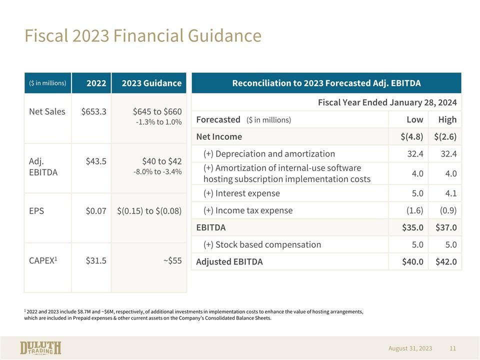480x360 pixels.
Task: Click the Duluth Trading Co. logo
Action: (x=40, y=348)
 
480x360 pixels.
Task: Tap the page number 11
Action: (x=453, y=348)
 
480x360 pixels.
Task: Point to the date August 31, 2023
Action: (x=410, y=348)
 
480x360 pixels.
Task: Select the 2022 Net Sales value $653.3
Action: (x=93, y=111)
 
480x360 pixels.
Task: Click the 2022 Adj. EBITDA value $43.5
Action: (x=96, y=161)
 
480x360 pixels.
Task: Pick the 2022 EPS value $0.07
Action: (x=96, y=211)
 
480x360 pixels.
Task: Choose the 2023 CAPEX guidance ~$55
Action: (x=172, y=260)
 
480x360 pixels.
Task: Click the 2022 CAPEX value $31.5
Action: (x=96, y=260)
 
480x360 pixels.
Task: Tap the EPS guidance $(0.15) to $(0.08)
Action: (x=149, y=211)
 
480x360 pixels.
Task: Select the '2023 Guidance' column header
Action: (x=151, y=83)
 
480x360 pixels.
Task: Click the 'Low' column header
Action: (x=415, y=119)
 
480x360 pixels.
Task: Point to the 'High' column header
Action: (x=447, y=119)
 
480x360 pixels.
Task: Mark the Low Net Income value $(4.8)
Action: (x=411, y=136)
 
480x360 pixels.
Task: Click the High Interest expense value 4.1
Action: (x=451, y=193)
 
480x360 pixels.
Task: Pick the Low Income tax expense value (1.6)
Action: (x=414, y=210)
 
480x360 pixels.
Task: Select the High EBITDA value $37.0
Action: (x=446, y=227)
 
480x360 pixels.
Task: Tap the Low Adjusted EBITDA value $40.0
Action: (x=412, y=261)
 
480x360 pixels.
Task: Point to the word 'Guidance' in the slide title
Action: (x=224, y=35)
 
